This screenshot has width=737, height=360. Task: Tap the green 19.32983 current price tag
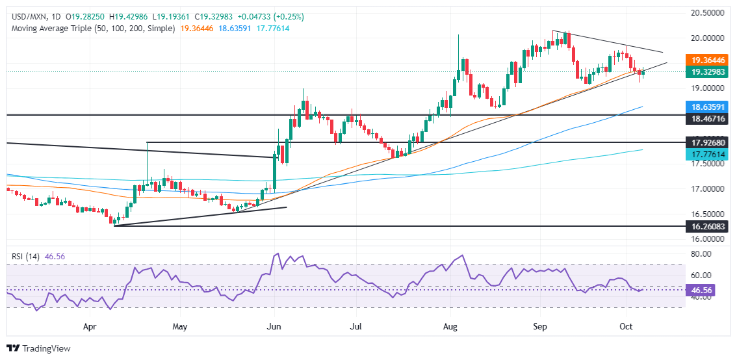point(703,72)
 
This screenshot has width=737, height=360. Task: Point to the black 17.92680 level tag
point(703,142)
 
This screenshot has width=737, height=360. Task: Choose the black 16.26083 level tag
point(703,226)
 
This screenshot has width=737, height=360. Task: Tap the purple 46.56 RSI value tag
point(699,291)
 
